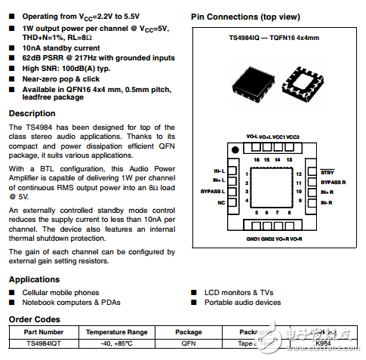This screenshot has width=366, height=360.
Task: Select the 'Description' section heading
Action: coord(32,113)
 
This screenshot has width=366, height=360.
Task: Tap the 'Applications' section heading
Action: coord(35,279)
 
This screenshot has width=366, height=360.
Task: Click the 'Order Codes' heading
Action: coord(34,318)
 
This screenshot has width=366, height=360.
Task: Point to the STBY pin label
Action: coord(327,173)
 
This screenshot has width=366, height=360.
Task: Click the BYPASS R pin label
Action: coord(333,183)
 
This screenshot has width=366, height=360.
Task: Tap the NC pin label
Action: coord(220,202)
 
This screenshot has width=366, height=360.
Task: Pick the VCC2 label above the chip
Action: coord(292,137)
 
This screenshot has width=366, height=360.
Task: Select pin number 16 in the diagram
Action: coord(257,160)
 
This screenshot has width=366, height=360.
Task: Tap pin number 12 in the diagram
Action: coord(299,174)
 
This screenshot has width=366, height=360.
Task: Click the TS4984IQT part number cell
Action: coord(43,343)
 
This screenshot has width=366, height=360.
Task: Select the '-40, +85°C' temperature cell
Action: coord(116,343)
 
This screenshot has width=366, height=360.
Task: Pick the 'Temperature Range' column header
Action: coord(116,332)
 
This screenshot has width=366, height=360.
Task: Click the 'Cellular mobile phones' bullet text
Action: coord(60,292)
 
